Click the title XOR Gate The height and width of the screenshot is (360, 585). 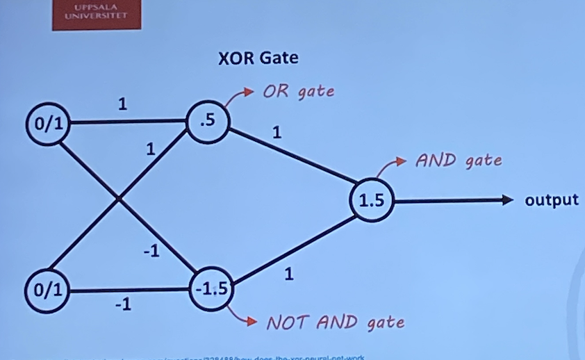click(x=258, y=58)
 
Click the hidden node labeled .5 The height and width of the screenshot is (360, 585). click(x=207, y=121)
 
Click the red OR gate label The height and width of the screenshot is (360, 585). click(x=298, y=92)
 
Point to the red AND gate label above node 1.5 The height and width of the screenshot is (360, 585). click(x=458, y=161)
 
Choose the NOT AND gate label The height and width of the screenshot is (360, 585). click(x=335, y=322)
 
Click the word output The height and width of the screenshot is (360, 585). click(x=552, y=200)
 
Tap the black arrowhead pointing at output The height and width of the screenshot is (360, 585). click(x=513, y=200)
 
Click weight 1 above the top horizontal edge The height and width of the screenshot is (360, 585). click(x=122, y=104)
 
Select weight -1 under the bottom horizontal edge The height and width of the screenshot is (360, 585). click(x=122, y=304)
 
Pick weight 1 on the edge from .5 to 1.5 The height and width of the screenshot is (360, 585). click(x=277, y=131)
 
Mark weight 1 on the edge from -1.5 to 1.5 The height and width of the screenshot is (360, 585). click(x=289, y=275)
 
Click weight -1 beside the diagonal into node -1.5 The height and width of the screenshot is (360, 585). click(x=151, y=252)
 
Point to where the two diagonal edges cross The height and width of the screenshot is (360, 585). click(x=120, y=199)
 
